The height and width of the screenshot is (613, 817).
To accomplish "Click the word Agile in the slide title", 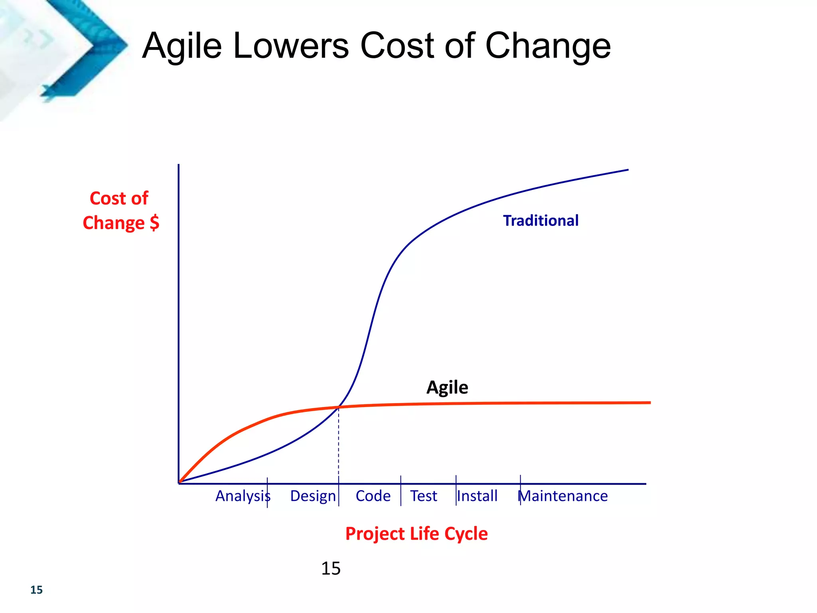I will pyautogui.click(x=182, y=46).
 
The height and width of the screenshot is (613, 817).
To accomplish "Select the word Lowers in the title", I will pyautogui.click(x=291, y=46).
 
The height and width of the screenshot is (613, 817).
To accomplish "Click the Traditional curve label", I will pyautogui.click(x=541, y=221).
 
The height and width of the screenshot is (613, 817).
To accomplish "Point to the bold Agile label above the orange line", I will pyautogui.click(x=447, y=388).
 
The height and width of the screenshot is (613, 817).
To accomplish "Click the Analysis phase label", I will pyautogui.click(x=243, y=496).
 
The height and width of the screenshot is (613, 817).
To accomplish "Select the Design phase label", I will pyautogui.click(x=313, y=496).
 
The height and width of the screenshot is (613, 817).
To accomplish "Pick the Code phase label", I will pyautogui.click(x=373, y=496).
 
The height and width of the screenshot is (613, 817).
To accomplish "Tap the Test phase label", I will pyautogui.click(x=424, y=496).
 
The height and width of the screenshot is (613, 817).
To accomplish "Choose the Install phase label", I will pyautogui.click(x=477, y=496).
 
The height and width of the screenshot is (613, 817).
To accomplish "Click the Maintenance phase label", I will pyautogui.click(x=563, y=496).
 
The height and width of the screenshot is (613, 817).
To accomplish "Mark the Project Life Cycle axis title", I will pyautogui.click(x=416, y=534).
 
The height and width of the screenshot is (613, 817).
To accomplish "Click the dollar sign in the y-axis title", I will pyautogui.click(x=154, y=223).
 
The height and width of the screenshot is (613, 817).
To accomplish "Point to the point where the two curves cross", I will pyautogui.click(x=339, y=407).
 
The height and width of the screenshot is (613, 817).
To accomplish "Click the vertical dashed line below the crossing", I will pyautogui.click(x=339, y=443).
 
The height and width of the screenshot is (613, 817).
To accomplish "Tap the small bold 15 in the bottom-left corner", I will pyautogui.click(x=36, y=590).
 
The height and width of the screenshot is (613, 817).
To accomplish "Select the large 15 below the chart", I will pyautogui.click(x=331, y=568).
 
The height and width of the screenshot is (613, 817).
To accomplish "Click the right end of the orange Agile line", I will pyautogui.click(x=649, y=403).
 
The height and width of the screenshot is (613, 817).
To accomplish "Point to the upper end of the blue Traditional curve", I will pyautogui.click(x=627, y=170).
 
